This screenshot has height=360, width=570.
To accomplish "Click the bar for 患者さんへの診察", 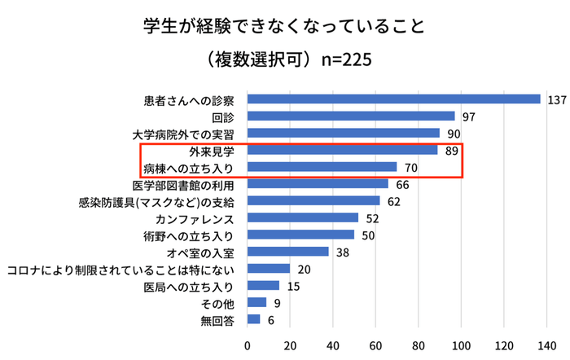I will click(x=393, y=99).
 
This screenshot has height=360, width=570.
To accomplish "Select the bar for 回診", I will click(x=351, y=116).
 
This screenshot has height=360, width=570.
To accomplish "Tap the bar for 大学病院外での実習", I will click(x=343, y=133).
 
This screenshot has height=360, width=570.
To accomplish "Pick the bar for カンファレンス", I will click(x=303, y=217).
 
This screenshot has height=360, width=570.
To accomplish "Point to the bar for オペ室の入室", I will click(x=287, y=252).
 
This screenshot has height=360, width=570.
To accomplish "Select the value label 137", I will click(x=558, y=99).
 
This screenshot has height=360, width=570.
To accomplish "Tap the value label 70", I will click(x=412, y=167).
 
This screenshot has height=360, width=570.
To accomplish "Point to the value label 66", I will click(x=403, y=184).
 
